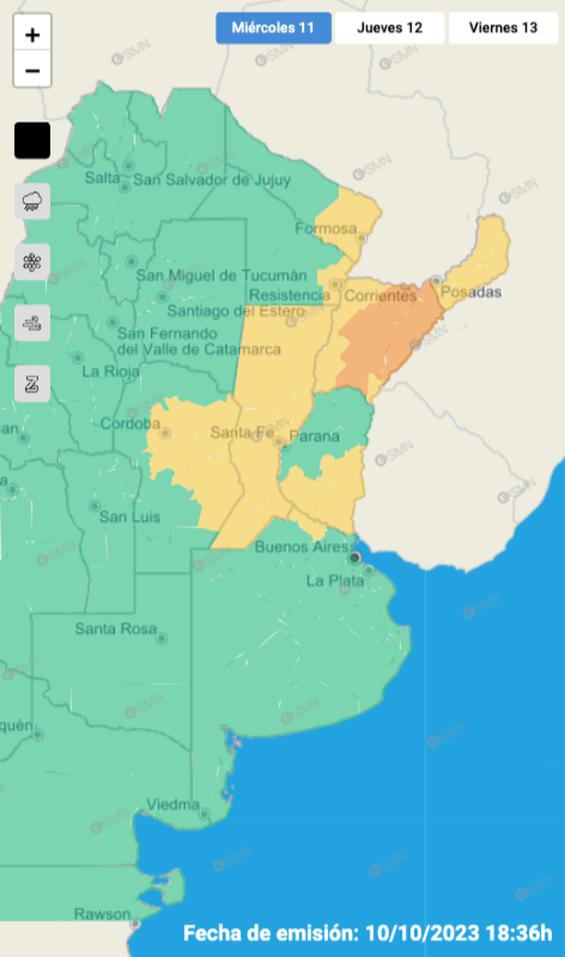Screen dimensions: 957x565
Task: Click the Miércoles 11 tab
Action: pyautogui.click(x=274, y=28)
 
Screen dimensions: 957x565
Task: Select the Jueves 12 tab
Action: pyautogui.click(x=389, y=28)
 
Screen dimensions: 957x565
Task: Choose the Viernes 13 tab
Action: pyautogui.click(x=503, y=28)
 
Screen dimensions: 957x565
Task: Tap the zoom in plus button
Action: pyautogui.click(x=32, y=35)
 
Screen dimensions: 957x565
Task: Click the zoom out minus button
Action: pyautogui.click(x=32, y=70)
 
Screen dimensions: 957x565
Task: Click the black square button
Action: pyautogui.click(x=32, y=141)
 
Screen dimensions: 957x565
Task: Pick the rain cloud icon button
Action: pyautogui.click(x=32, y=201)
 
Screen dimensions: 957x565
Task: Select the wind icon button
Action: pyautogui.click(x=32, y=323)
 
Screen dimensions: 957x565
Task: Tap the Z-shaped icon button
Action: pyautogui.click(x=32, y=384)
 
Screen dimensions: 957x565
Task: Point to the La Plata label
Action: pyautogui.click(x=329, y=581)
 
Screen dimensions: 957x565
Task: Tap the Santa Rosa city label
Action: pyautogui.click(x=115, y=629)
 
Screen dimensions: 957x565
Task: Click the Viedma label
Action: pyautogui.click(x=173, y=802)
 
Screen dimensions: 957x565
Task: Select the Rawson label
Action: pyautogui.click(x=102, y=914)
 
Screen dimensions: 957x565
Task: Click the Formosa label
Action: pyautogui.click(x=325, y=229)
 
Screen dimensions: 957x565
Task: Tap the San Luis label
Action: pyautogui.click(x=129, y=516)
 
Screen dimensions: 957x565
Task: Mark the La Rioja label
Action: pyautogui.click(x=111, y=372)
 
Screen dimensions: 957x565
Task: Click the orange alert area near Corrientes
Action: pyautogui.click(x=389, y=338)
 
